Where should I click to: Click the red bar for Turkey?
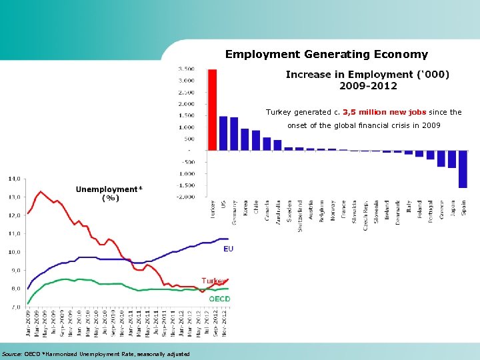pos(213,109)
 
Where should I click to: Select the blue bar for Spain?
pos(463,169)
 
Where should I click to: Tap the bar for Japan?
pos(452,159)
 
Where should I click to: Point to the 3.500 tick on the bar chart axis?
pos(187,69)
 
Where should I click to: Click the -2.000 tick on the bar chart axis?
pos(185,197)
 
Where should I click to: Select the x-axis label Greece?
pos(441,209)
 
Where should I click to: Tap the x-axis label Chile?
pos(256,206)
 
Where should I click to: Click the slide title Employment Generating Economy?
pos(326,54)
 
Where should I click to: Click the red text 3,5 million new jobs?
pos(383,112)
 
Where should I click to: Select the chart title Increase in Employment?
pos(367,79)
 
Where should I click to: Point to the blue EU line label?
pos(228,249)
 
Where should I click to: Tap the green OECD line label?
pos(219,299)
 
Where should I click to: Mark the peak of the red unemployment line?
pos(41,191)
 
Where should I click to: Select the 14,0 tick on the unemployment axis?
pos(14,179)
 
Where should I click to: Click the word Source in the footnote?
pos(11,353)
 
